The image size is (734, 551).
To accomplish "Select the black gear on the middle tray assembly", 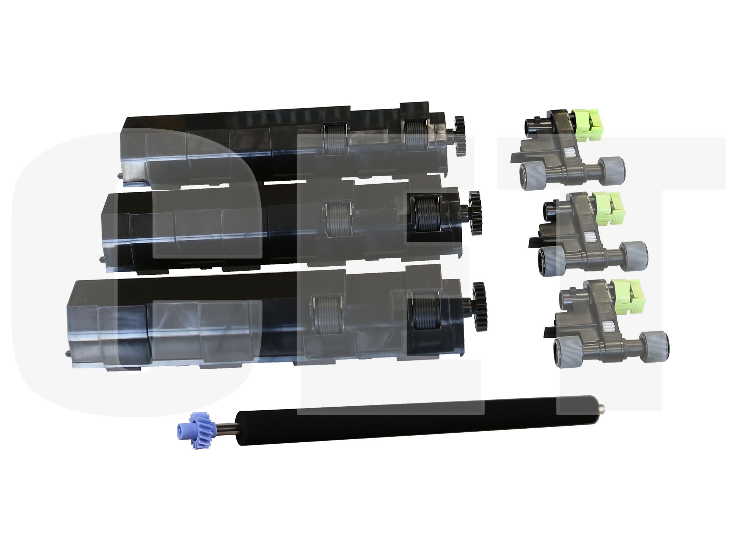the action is pos(474,208).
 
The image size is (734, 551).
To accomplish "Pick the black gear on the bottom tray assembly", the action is pos(479,306).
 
